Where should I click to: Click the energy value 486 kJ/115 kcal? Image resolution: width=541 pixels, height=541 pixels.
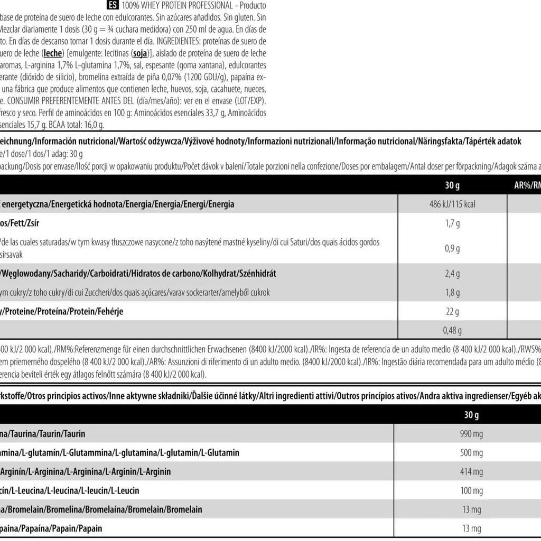[x=452, y=204]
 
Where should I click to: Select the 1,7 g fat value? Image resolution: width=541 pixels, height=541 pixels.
[x=452, y=223]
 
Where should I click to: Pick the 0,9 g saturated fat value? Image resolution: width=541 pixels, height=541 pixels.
[x=452, y=248]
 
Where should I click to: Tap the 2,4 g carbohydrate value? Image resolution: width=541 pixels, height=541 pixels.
[x=452, y=273]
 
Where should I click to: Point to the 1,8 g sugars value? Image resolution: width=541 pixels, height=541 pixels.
[x=452, y=292]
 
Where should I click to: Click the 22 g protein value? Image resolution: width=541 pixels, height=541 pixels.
[x=452, y=312]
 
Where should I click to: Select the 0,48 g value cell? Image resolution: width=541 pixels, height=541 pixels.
[x=452, y=330]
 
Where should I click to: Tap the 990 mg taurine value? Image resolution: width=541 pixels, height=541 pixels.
[x=472, y=434]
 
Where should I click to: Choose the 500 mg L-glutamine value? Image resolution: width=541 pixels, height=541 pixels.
[x=472, y=453]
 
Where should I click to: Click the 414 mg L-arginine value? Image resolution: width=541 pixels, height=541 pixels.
[x=472, y=472]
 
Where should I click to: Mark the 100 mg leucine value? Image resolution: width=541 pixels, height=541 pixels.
[x=472, y=491]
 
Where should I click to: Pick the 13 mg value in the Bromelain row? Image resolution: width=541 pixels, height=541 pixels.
[x=472, y=510]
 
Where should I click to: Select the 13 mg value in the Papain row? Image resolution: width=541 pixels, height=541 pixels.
[x=472, y=528]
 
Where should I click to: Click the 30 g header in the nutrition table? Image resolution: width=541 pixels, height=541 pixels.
[x=452, y=185]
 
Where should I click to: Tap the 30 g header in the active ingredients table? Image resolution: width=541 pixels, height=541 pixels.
[x=472, y=415]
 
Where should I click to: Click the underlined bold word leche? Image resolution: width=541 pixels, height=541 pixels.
[x=53, y=53]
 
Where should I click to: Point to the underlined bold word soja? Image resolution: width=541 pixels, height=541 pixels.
[x=139, y=53]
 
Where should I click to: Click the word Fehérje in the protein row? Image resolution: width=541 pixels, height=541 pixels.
[x=109, y=312]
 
